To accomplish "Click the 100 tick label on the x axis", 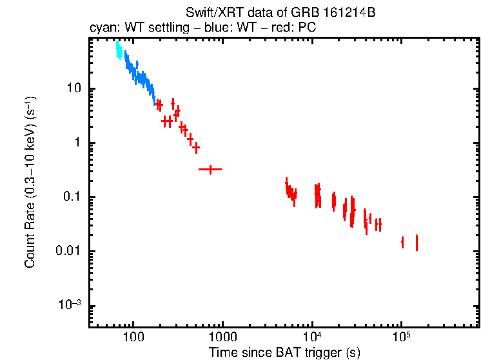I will [133, 337].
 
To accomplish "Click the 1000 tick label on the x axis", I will [222, 337].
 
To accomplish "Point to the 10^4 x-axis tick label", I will [312, 336].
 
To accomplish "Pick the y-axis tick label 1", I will [76, 143].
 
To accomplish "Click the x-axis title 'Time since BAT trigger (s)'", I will [284, 352].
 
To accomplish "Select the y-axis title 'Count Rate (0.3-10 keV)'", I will [30, 182].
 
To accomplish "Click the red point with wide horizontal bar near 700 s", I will [210, 169].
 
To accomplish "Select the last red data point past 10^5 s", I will [417, 243].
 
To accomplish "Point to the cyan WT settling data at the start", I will [118, 50].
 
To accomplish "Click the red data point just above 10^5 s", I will [402, 242].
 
